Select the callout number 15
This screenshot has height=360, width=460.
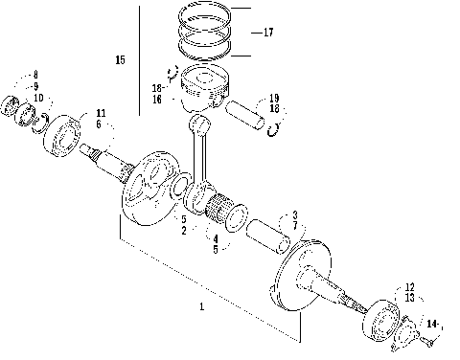pyautogui.click(x=120, y=60)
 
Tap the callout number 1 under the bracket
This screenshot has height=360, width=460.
pyautogui.click(x=201, y=306)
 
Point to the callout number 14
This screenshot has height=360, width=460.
pyautogui.click(x=432, y=326)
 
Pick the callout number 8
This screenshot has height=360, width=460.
pyautogui.click(x=35, y=75)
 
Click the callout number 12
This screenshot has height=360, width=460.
pyautogui.click(x=409, y=286)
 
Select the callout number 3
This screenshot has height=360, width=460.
pyautogui.click(x=296, y=214)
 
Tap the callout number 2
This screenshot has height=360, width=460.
pyautogui.click(x=183, y=231)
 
